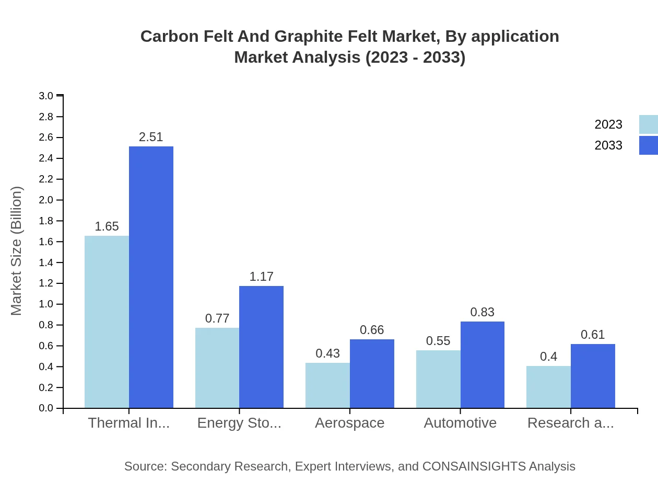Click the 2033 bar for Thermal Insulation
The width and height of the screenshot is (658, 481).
pos(151,277)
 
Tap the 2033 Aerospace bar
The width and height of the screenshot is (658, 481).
pos(372,373)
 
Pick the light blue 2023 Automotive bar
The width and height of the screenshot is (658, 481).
pos(438,379)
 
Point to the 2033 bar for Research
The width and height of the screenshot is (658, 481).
pos(593,376)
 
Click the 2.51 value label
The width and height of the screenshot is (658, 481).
pos(151,137)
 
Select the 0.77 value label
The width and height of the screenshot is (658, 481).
pos(217,318)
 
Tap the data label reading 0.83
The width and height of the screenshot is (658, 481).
pos(482,312)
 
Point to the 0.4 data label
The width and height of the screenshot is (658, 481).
pos(548,357)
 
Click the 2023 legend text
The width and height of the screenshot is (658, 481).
pos(608,124)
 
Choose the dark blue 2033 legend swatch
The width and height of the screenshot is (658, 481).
pos(648,145)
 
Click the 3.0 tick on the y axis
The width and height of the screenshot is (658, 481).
pos(46,96)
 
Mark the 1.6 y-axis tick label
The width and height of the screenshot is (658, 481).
pos(46,242)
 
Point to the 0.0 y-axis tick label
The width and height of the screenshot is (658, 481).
pos(46,408)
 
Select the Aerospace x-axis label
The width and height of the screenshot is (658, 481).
pos(349,423)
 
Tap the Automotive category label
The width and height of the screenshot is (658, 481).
pos(460,423)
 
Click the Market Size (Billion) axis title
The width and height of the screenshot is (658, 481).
pos(17,251)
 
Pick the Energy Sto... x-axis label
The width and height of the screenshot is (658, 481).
pos(239,423)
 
